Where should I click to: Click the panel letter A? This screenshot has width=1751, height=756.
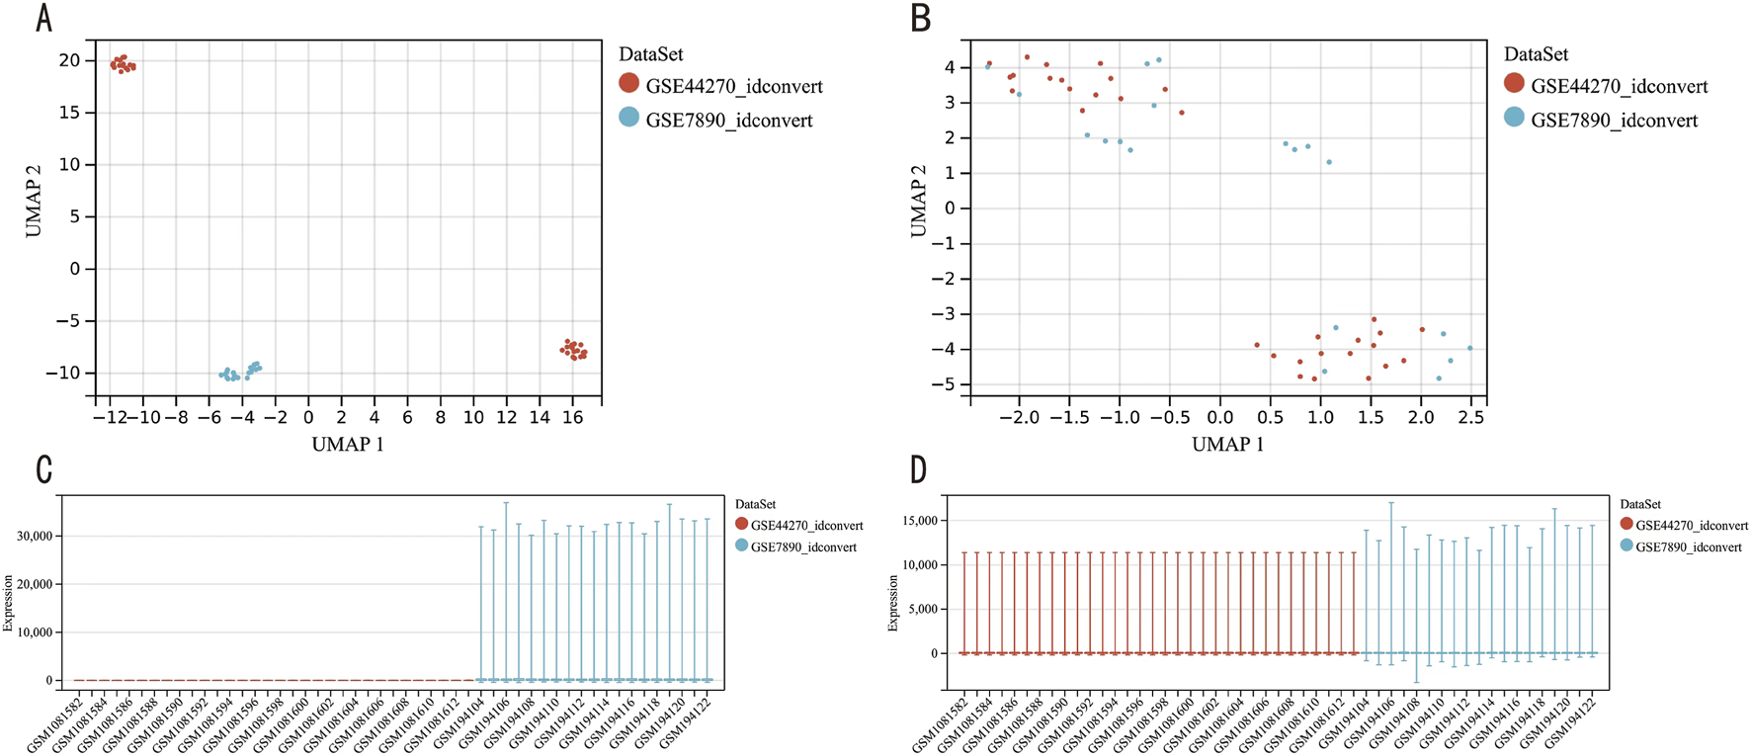tap(43, 19)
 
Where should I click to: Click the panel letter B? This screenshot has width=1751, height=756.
tap(920, 19)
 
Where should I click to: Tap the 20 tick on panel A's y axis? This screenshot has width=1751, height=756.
tap(68, 60)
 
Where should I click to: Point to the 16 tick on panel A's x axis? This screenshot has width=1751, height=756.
tap(572, 418)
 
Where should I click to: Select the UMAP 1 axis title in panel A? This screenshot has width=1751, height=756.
tap(348, 445)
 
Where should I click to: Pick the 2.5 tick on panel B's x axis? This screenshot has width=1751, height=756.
tap(1470, 418)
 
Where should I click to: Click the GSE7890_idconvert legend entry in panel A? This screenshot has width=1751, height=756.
tap(729, 120)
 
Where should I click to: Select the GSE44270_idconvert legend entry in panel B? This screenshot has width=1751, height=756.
tap(1619, 86)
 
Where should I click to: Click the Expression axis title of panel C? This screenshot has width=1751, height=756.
tap(9, 602)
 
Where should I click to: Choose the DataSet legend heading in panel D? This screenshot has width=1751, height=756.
tap(1640, 504)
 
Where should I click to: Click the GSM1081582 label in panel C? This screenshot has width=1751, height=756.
tap(54, 730)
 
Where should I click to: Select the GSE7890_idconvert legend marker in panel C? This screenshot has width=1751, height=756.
tap(741, 546)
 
